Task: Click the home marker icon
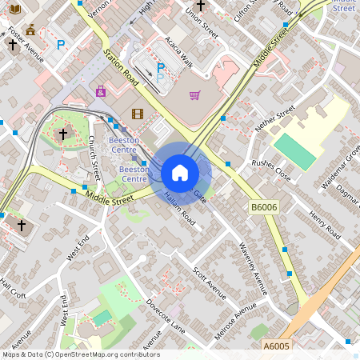[180, 173]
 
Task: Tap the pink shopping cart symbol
[194, 95]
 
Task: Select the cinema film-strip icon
[137, 114]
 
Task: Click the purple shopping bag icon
[101, 92]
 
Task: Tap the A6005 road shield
[276, 346]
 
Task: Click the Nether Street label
[274, 118]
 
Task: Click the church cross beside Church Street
[63, 134]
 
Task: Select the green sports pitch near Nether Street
[295, 150]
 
